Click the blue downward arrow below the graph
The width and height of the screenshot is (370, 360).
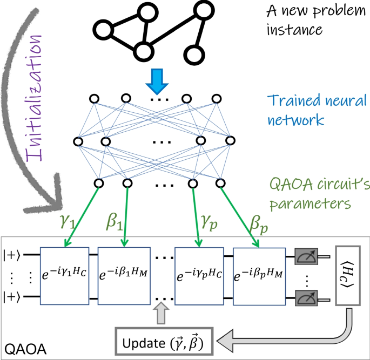(158, 80)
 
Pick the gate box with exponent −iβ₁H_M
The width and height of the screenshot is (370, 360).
(123, 275)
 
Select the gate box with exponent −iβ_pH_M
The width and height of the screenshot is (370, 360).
(259, 275)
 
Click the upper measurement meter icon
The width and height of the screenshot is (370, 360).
(306, 259)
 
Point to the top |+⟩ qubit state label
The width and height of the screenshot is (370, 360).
(11, 254)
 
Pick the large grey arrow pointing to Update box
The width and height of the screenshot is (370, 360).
(281, 340)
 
